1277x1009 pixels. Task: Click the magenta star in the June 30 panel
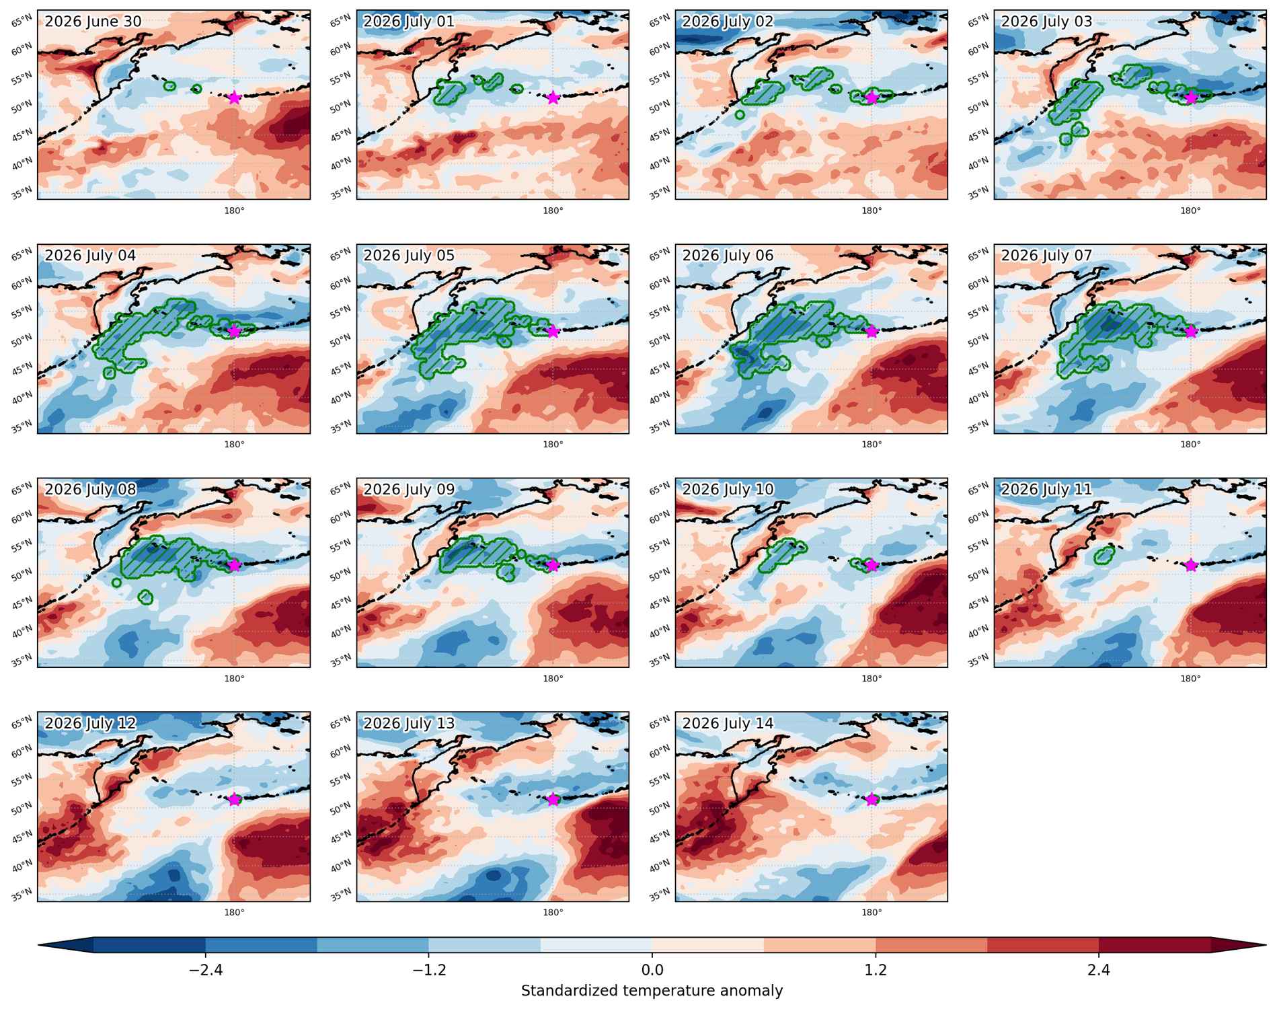pos(234,98)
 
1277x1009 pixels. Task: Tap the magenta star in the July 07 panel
pos(1191,332)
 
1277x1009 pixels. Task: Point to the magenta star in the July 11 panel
pos(1191,565)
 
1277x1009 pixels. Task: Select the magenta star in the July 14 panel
pos(872,799)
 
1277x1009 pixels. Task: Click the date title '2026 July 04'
pos(90,256)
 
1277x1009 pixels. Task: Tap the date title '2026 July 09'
pos(409,489)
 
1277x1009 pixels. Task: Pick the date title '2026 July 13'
pos(409,723)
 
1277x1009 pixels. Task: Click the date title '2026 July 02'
pos(728,22)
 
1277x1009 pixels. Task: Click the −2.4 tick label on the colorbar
pos(205,970)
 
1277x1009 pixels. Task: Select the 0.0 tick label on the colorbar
pos(652,970)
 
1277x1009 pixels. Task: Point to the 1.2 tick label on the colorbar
pos(876,970)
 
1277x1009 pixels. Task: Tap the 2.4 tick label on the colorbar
pos(1099,970)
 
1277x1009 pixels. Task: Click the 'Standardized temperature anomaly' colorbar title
pos(652,990)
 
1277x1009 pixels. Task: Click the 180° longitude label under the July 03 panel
pos(1190,211)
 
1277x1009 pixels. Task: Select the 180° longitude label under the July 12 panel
pos(234,912)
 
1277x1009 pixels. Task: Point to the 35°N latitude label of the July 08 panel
pos(22,660)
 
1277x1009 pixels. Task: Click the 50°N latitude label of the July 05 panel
pos(341,339)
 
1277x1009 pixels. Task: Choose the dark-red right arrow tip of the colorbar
pos(1264,945)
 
